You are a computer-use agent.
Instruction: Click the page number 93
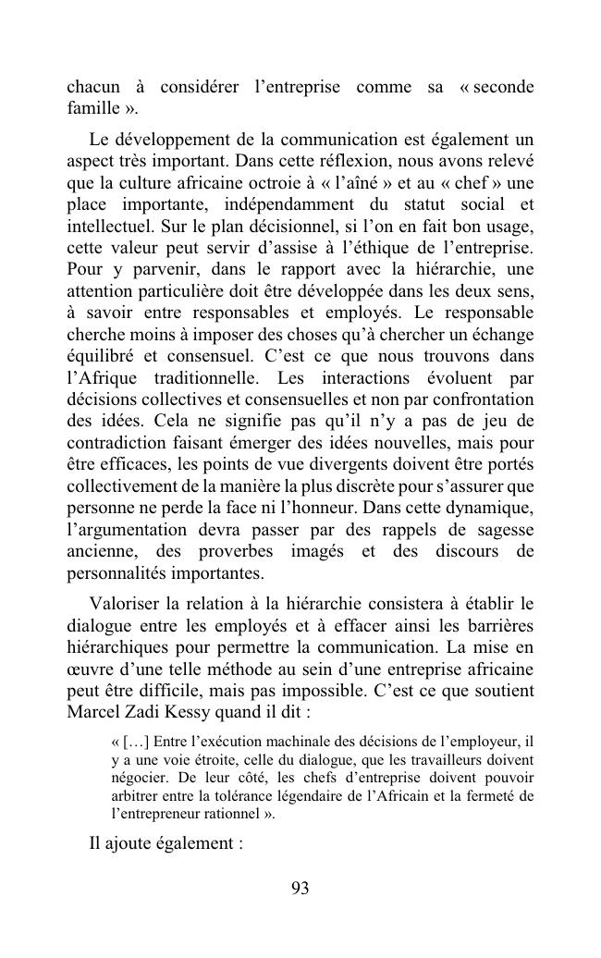pyautogui.click(x=300, y=889)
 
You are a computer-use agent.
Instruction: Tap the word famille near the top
pyautogui.click(x=92, y=109)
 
